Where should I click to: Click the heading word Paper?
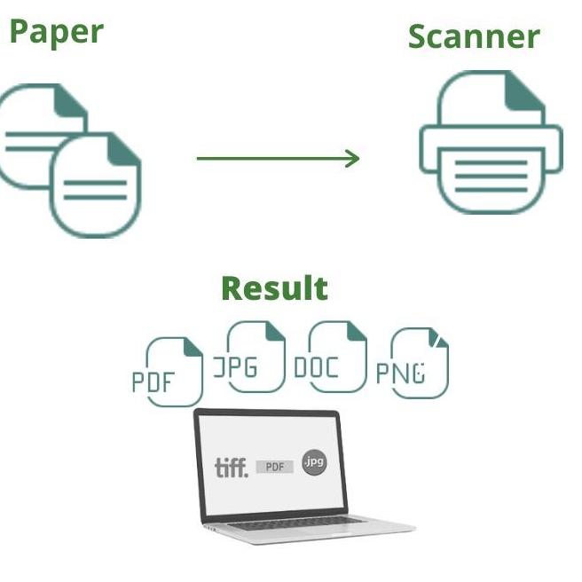click(57, 32)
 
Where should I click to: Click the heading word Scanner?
click(473, 36)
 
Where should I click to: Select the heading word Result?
click(274, 288)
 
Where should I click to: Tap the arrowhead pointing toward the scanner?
click(352, 159)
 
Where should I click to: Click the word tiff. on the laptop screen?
click(232, 467)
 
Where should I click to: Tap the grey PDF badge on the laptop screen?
click(275, 467)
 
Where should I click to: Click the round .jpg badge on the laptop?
click(314, 462)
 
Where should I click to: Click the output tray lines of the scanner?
click(491, 177)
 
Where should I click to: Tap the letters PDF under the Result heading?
click(154, 382)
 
